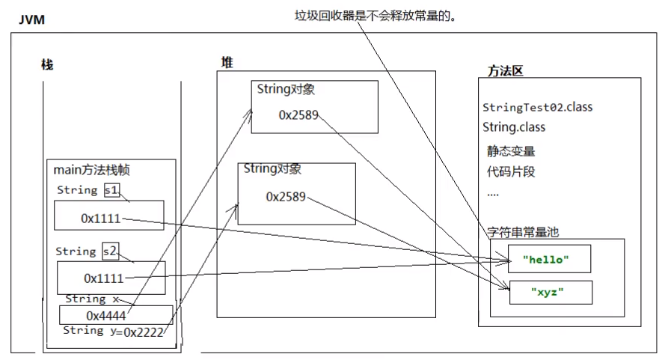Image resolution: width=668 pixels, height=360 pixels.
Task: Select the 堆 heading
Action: [227, 63]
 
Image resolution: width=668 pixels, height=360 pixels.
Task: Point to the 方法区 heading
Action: [505, 71]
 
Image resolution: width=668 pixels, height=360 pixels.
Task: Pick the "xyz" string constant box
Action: [550, 292]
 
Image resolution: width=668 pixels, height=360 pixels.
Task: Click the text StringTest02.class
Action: [537, 107]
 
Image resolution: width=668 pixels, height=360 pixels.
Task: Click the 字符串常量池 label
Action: [523, 233]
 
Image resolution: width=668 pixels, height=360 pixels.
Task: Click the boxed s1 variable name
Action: [111, 191]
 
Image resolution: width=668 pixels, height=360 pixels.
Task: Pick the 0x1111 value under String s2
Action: [103, 278]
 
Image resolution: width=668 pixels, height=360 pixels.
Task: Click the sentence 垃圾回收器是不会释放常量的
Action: [375, 15]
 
